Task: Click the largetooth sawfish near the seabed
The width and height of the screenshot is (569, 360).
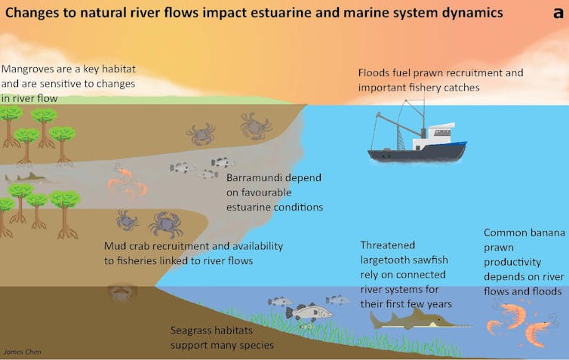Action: coord(411,320)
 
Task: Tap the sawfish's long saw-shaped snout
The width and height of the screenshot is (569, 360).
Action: coord(453,326)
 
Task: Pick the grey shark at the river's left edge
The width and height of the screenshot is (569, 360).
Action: coord(26,179)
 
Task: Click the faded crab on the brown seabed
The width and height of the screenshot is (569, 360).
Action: coord(121,293)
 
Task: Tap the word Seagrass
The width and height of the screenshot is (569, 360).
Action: coord(193,331)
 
